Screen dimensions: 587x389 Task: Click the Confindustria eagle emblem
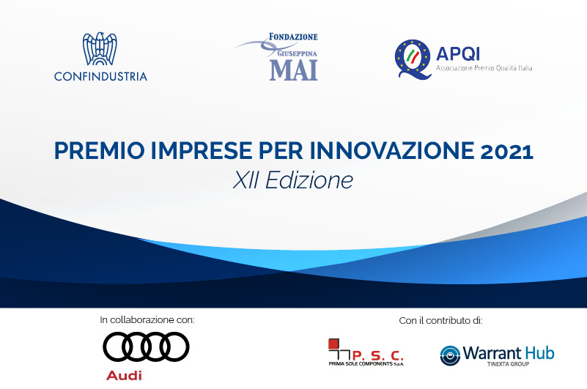tap(100, 48)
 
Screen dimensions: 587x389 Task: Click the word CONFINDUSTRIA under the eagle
tap(100, 76)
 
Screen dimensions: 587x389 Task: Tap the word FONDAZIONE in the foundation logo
tap(293, 37)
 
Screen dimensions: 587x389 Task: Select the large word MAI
tap(293, 70)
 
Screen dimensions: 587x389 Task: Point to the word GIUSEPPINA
tap(298, 53)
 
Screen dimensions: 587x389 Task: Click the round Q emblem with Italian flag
tap(413, 59)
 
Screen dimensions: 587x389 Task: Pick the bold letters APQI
tap(458, 54)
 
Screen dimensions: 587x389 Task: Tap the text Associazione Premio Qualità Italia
tap(484, 68)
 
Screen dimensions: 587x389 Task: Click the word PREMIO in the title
tap(99, 150)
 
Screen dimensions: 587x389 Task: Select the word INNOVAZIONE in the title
tap(392, 150)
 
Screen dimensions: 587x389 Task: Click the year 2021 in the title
tap(506, 151)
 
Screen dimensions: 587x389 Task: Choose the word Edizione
tap(309, 180)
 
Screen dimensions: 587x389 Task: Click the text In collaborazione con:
tap(147, 319)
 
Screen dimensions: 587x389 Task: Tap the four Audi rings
tap(146, 347)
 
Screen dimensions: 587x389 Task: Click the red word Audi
tap(124, 375)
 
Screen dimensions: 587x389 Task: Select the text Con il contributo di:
tap(440, 320)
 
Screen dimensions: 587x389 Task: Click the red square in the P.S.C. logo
tap(333, 344)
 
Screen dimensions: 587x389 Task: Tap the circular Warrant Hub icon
tap(450, 355)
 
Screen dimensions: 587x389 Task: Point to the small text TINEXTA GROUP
tap(508, 364)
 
